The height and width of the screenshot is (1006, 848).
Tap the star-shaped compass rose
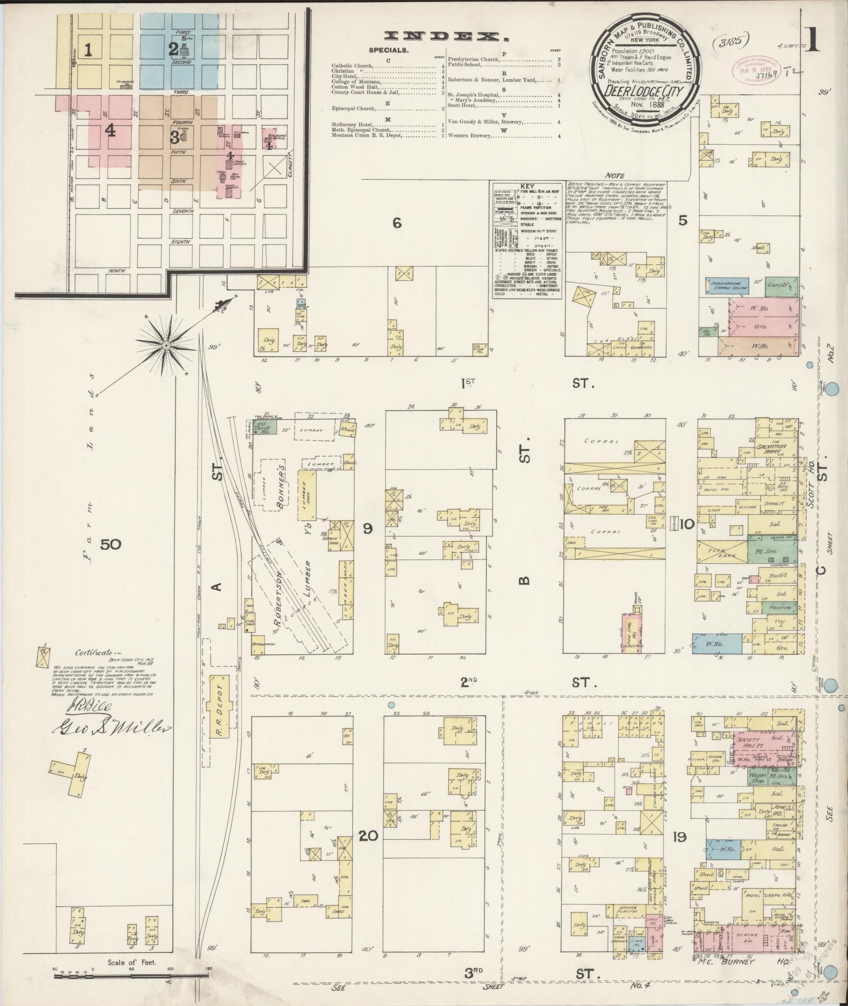pos(166,345)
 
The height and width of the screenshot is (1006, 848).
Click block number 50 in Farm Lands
pos(111,544)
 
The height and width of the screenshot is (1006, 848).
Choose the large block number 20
pos(368,835)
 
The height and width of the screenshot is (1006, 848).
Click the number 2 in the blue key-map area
pos(173,49)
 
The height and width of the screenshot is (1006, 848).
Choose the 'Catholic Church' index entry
pos(352,66)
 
